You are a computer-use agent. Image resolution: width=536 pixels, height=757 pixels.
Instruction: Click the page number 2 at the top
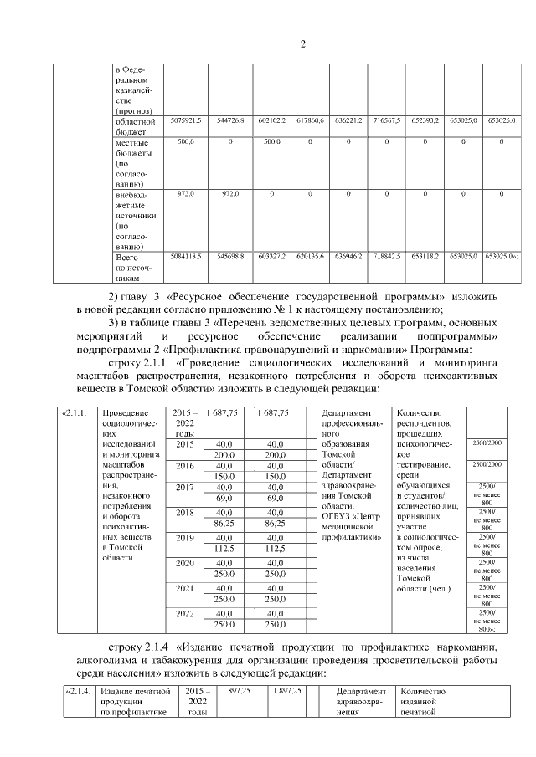tap(303, 44)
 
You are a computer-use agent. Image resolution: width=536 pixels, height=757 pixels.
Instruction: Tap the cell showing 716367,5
tap(386, 121)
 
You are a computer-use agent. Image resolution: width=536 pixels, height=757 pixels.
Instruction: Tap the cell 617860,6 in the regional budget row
tap(310, 121)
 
